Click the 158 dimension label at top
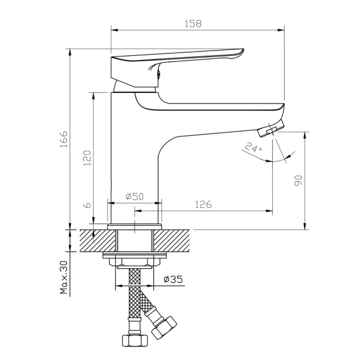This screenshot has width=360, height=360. click(x=193, y=24)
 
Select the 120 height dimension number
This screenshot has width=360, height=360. click(x=86, y=159)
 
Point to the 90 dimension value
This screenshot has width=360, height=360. click(x=298, y=181)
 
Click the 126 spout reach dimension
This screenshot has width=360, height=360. click(x=203, y=204)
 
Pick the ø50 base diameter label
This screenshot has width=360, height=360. click(x=134, y=196)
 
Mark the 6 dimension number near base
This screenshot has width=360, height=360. click(x=87, y=205)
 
